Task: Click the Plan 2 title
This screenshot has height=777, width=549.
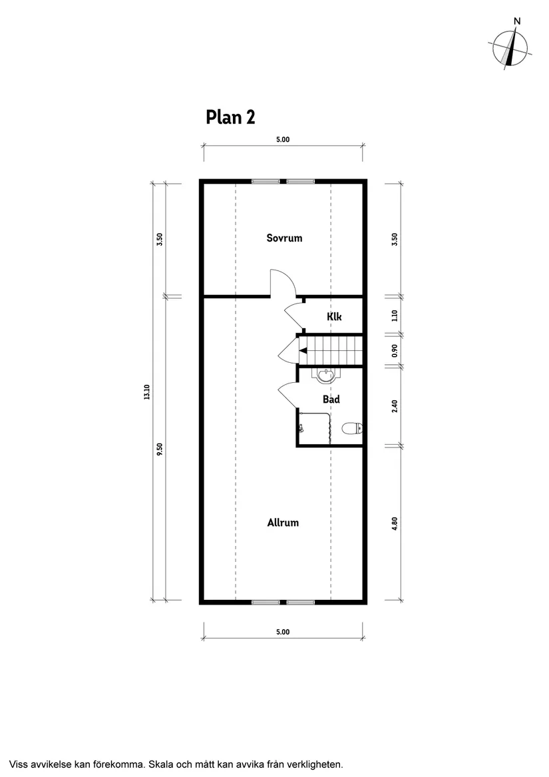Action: click(x=230, y=117)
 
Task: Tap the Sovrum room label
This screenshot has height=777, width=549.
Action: click(x=284, y=238)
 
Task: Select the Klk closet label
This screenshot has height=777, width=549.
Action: click(x=334, y=317)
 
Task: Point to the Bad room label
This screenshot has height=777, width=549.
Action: click(x=331, y=399)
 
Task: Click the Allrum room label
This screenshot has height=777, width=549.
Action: click(x=283, y=523)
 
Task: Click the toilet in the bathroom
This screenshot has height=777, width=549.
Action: click(x=351, y=429)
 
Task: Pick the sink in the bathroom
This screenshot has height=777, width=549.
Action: click(x=326, y=377)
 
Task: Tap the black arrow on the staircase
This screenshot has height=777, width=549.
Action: click(x=303, y=350)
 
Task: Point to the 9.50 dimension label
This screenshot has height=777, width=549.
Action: click(x=160, y=449)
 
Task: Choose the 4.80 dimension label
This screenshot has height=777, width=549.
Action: click(x=395, y=523)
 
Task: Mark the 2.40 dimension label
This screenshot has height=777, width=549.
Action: click(x=395, y=406)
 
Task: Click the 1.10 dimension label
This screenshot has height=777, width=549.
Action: click(x=395, y=316)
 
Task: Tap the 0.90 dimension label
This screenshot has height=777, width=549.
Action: click(x=395, y=350)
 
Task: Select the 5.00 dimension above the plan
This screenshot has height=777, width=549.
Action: click(x=282, y=140)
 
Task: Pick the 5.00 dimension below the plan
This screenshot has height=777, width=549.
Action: click(x=282, y=632)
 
